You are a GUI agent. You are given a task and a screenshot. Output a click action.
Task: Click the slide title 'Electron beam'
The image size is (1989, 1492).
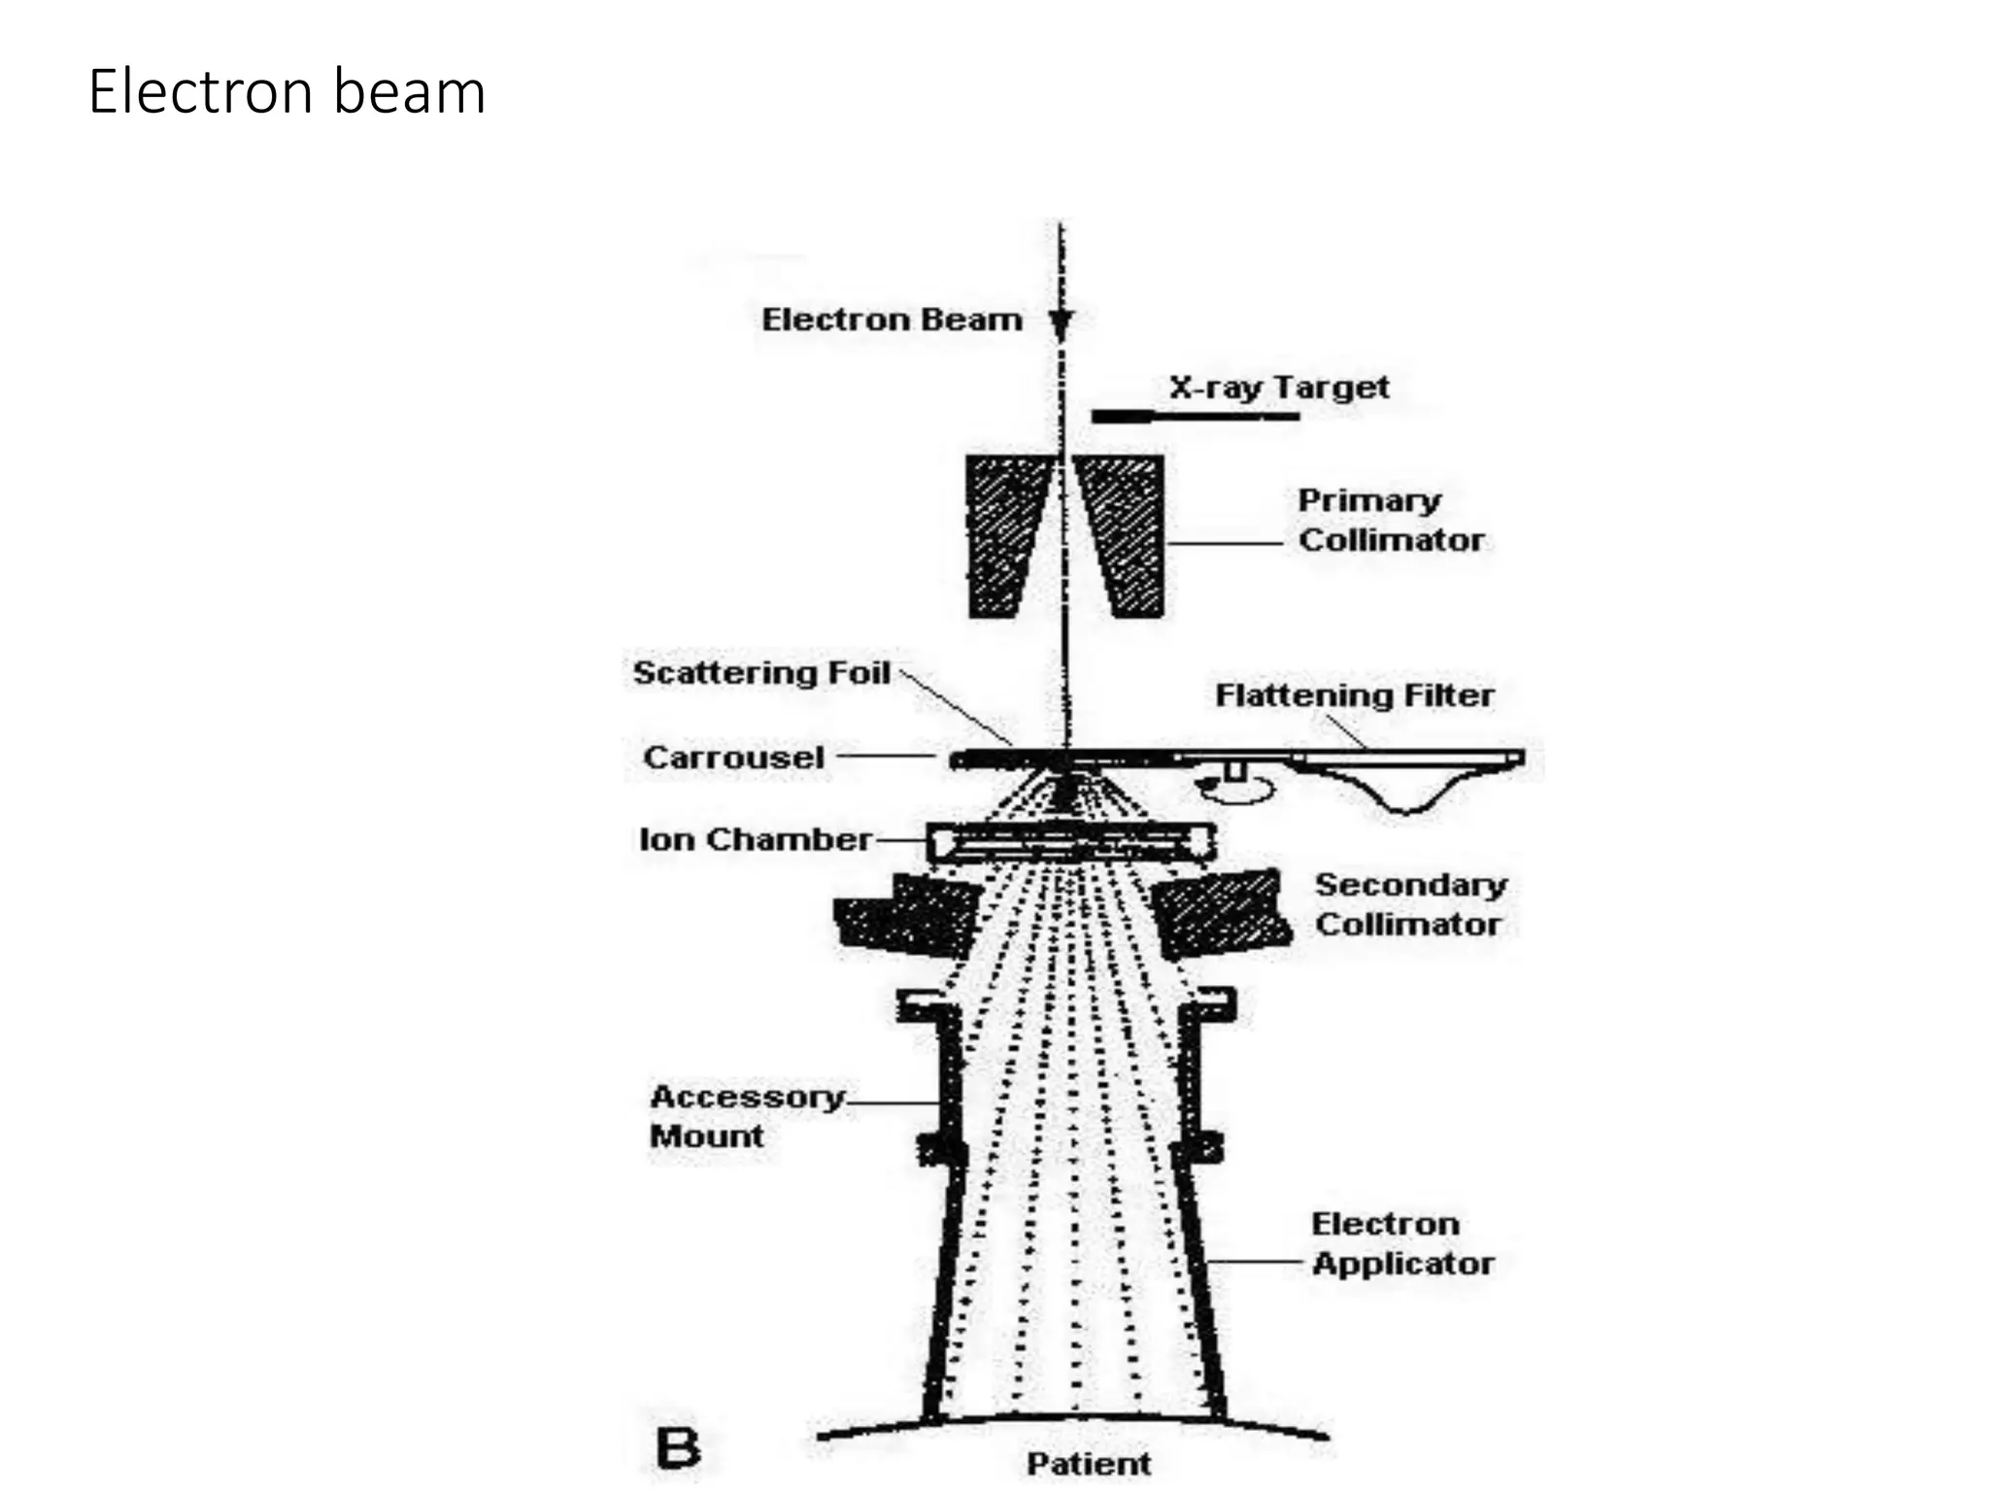click(x=287, y=92)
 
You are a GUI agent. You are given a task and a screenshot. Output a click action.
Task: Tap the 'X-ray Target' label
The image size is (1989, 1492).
click(x=1279, y=388)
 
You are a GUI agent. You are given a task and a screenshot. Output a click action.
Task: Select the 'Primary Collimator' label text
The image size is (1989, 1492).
click(x=1390, y=521)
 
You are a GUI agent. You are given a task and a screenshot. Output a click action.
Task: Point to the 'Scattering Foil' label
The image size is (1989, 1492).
click(x=761, y=672)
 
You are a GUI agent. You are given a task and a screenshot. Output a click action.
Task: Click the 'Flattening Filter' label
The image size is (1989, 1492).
click(x=1354, y=695)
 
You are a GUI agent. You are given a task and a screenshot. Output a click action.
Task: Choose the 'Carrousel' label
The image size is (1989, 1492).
click(x=733, y=757)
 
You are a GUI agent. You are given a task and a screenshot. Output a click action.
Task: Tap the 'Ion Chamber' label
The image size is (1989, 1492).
click(x=755, y=839)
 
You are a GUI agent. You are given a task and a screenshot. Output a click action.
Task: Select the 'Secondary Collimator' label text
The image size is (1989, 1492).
click(x=1409, y=904)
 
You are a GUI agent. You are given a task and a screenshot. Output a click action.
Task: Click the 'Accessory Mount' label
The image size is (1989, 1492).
click(x=746, y=1116)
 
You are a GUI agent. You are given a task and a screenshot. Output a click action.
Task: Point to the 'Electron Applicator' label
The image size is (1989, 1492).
click(x=1401, y=1243)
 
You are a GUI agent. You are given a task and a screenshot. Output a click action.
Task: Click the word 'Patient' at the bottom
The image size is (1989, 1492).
click(x=1088, y=1463)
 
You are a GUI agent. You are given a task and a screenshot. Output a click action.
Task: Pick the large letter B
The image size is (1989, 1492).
click(x=678, y=1448)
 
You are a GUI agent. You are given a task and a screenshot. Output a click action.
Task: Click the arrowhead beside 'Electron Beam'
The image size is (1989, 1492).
click(x=1062, y=323)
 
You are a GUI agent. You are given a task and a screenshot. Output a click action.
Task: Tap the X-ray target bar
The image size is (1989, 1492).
click(x=1194, y=417)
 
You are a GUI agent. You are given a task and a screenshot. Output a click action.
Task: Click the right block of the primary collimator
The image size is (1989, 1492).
click(x=1127, y=534)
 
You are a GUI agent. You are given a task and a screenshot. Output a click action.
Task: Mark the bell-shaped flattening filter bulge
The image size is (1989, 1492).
click(x=1404, y=787)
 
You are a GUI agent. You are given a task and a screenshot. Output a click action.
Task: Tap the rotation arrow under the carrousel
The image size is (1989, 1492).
click(x=1233, y=788)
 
